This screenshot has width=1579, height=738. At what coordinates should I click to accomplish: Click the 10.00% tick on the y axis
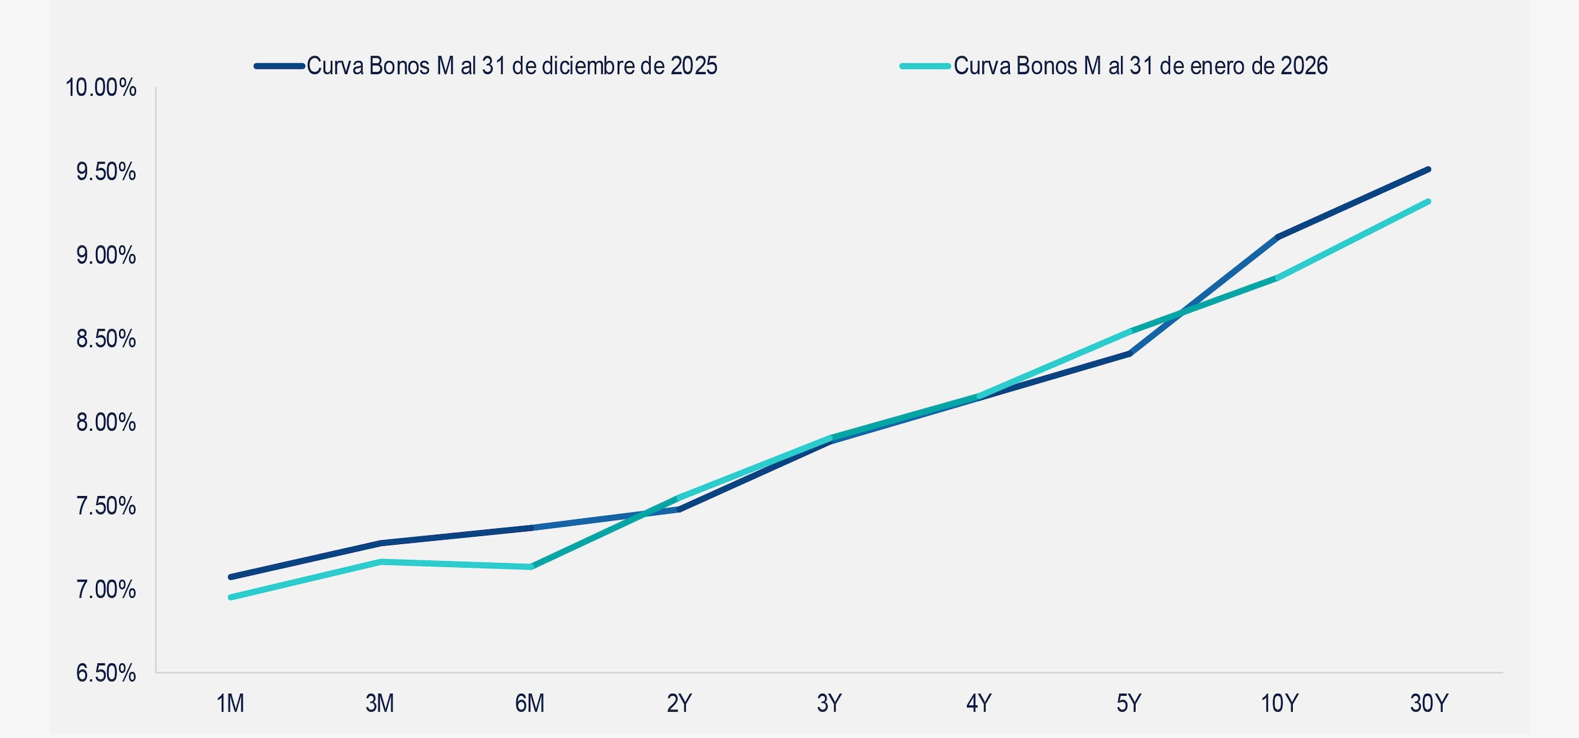click(101, 87)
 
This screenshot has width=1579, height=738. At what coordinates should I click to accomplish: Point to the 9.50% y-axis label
click(105, 172)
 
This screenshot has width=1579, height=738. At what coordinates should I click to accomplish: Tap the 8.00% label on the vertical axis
click(105, 422)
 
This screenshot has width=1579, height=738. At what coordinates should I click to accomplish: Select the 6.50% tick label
click(105, 674)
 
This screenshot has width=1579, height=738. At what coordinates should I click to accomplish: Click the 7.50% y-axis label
click(105, 506)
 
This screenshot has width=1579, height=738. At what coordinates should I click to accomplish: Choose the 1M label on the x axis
click(230, 704)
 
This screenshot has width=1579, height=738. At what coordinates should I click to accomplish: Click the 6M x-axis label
click(530, 704)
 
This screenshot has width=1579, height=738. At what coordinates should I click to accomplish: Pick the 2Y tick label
click(680, 704)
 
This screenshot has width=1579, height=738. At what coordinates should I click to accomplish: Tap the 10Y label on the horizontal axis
click(1279, 704)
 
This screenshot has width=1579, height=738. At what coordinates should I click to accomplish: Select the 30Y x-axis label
click(1429, 704)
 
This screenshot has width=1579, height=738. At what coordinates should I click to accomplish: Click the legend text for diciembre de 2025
click(512, 66)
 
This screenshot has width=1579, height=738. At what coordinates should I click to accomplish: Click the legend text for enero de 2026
click(1140, 66)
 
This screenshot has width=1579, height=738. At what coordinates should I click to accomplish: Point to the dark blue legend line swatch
click(280, 66)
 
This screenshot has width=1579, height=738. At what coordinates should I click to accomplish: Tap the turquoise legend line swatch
click(926, 66)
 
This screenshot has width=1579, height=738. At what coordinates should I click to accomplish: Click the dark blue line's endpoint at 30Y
click(1428, 170)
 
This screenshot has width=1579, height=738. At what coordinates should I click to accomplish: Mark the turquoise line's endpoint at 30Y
click(1428, 201)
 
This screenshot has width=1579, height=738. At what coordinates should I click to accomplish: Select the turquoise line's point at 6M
click(531, 566)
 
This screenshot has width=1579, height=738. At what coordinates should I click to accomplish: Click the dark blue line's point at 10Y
click(1278, 237)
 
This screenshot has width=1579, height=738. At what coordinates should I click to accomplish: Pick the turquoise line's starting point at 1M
click(231, 597)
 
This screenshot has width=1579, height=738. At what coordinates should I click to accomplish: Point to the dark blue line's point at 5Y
click(1129, 354)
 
